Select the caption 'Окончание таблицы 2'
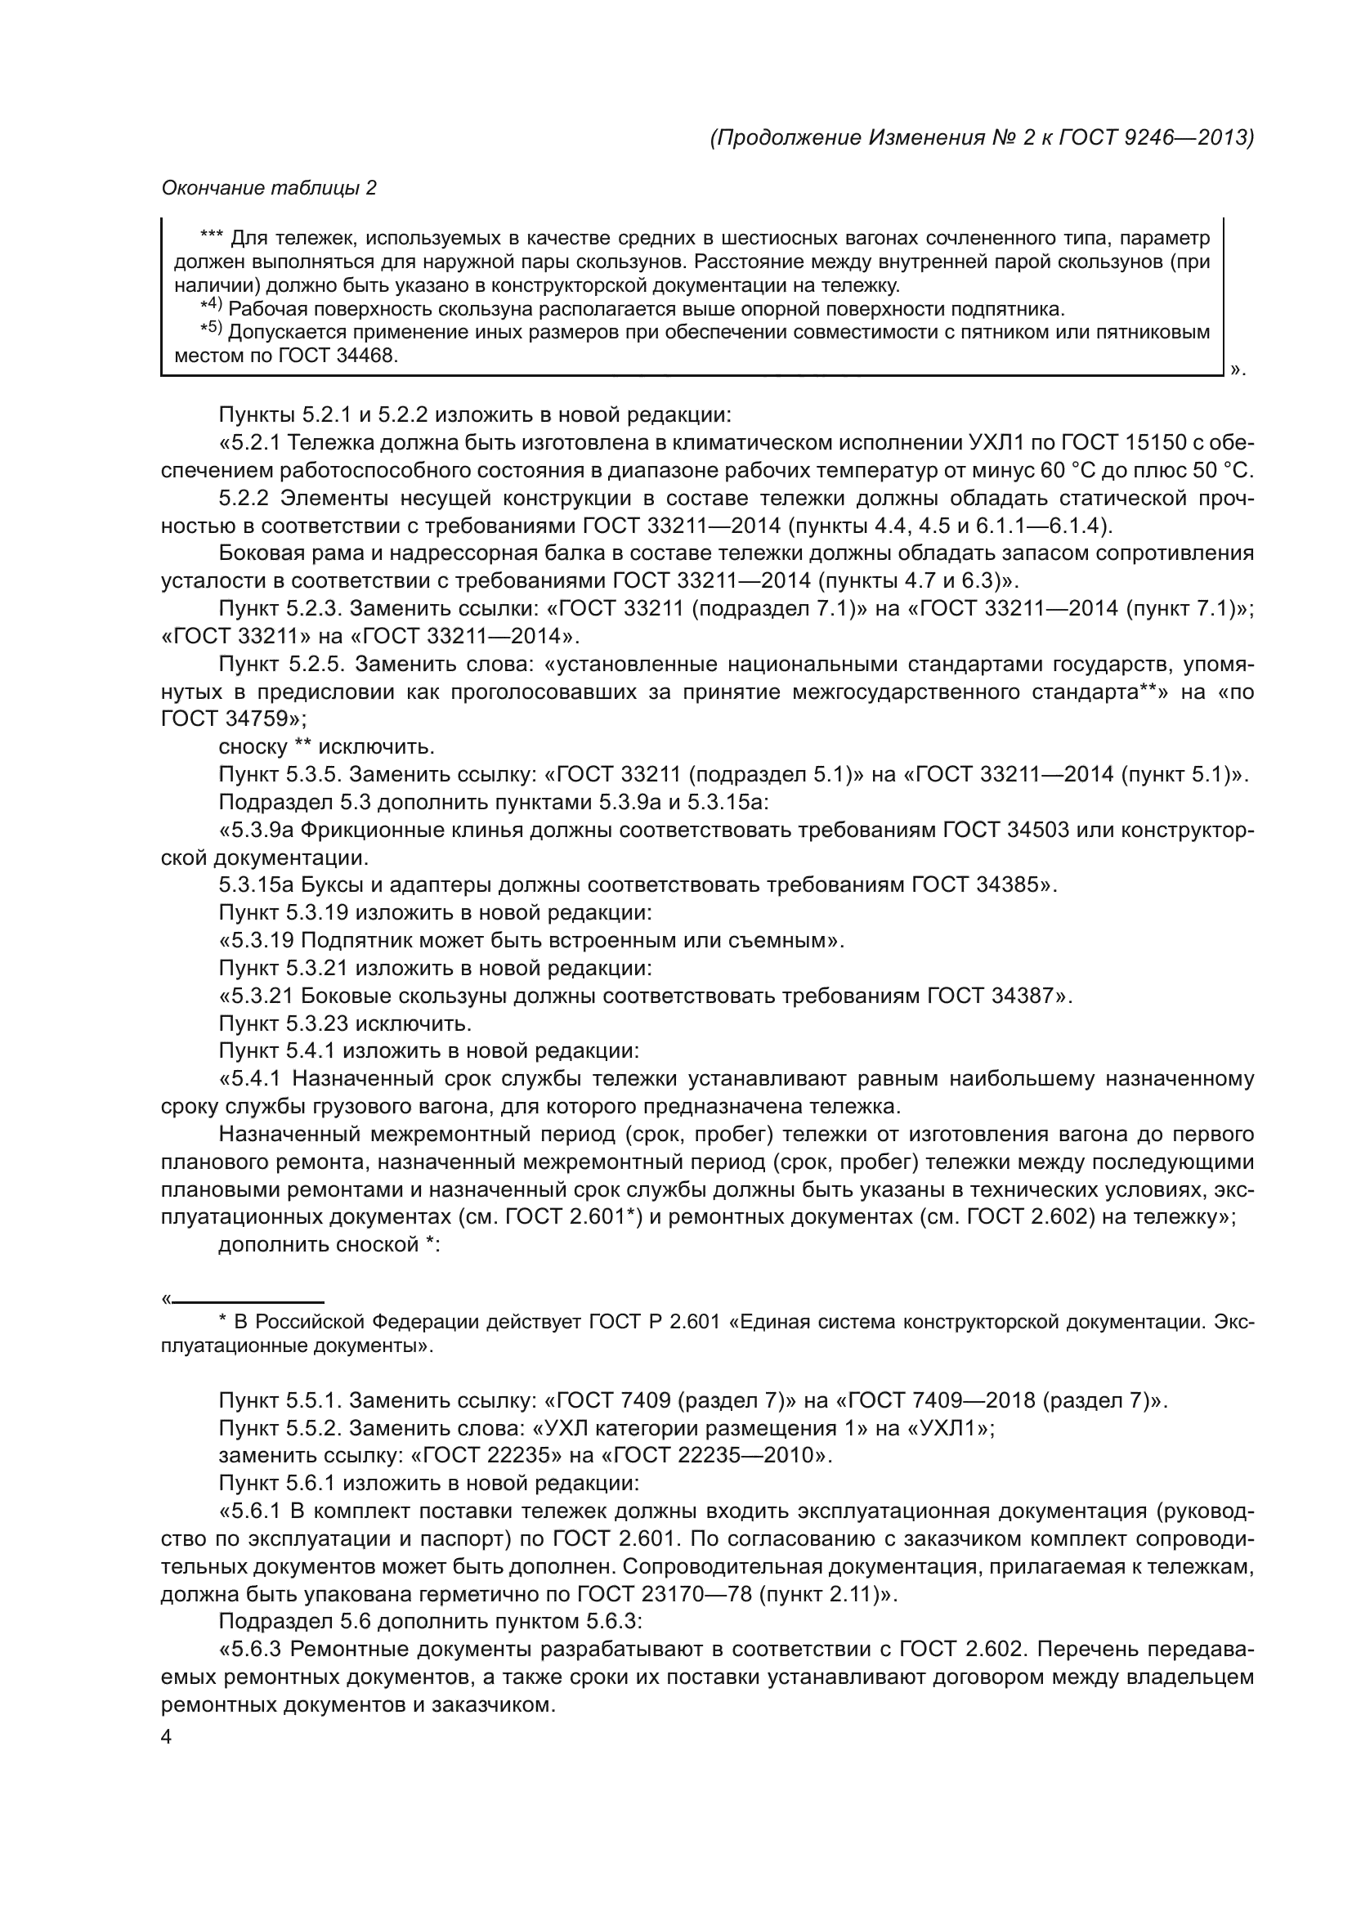coord(269,188)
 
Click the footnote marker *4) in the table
coord(212,307)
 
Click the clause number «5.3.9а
coord(255,831)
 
